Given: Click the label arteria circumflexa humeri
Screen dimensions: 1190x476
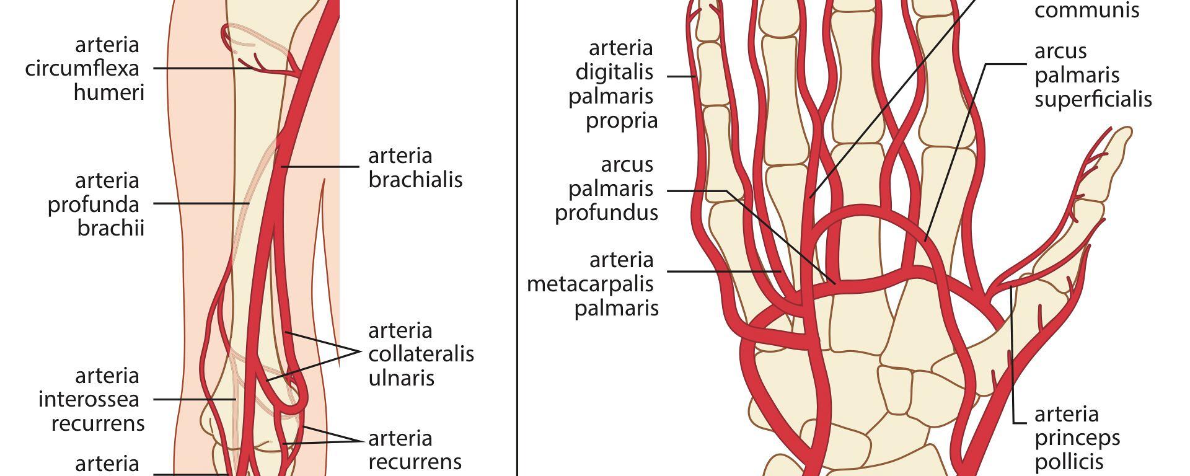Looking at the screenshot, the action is pyautogui.click(x=85, y=68).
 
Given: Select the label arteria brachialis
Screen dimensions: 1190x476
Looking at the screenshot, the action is pyautogui.click(x=415, y=167).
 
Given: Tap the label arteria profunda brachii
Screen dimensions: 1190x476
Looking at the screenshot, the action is pyautogui.click(x=96, y=204).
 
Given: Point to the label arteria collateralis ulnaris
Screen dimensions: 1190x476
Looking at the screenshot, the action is pyautogui.click(x=421, y=354).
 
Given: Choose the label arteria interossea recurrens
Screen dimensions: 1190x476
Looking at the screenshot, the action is pyautogui.click(x=92, y=400).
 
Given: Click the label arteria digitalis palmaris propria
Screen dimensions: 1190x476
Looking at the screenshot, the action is pyautogui.click(x=613, y=84).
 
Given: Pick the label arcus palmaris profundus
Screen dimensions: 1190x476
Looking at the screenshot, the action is pyautogui.click(x=606, y=188).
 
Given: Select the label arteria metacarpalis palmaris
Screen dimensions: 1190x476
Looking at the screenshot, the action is pyautogui.click(x=593, y=284).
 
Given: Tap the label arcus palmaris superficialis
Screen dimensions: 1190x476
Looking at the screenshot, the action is pyautogui.click(x=1093, y=75).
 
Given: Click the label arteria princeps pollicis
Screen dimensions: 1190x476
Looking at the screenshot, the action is pyautogui.click(x=1077, y=438).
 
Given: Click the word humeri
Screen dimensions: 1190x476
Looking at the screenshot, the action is pyautogui.click(x=109, y=92).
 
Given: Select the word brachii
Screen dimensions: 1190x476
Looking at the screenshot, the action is pyautogui.click(x=111, y=227).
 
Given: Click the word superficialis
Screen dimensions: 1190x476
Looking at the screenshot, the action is pyautogui.click(x=1093, y=99).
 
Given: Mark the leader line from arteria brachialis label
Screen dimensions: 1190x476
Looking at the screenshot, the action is pyautogui.click(x=320, y=167).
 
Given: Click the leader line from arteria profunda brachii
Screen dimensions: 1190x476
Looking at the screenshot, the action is pyautogui.click(x=201, y=203).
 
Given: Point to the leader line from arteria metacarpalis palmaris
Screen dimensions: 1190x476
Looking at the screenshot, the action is pyautogui.click(x=724, y=271).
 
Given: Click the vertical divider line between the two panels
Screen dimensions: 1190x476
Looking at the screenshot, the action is pyautogui.click(x=517, y=238).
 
